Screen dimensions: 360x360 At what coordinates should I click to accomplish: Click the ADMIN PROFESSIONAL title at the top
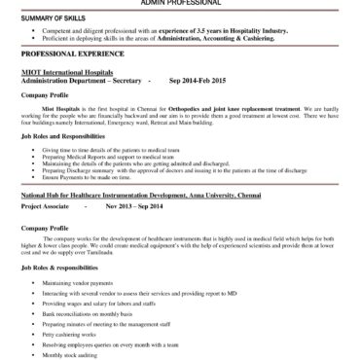pos(179,4)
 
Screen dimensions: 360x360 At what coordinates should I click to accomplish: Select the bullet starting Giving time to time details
pos(118,151)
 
